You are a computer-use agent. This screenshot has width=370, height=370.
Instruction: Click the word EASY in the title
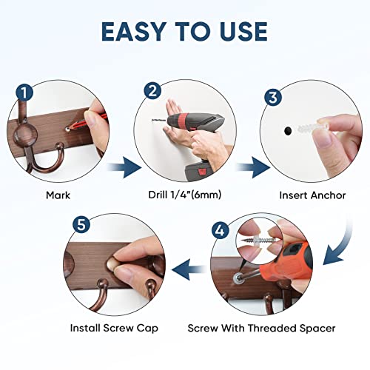click(133, 31)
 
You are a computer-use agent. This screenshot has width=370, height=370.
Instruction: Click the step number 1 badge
click(24, 92)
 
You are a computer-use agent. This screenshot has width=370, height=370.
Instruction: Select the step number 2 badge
click(152, 91)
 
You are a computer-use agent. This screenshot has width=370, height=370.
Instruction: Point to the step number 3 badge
click(273, 97)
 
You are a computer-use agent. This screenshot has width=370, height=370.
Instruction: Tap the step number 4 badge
click(220, 231)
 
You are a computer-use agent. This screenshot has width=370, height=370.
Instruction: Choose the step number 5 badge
click(81, 225)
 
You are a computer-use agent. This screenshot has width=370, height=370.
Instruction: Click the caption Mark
click(58, 195)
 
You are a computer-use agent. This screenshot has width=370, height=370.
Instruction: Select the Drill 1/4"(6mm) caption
click(185, 195)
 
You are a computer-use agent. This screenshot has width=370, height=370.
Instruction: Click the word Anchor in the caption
click(329, 195)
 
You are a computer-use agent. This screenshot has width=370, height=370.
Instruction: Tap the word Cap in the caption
click(147, 329)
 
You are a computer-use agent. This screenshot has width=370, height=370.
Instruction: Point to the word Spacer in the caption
click(317, 329)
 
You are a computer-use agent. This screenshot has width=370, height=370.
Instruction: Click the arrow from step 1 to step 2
click(124, 167)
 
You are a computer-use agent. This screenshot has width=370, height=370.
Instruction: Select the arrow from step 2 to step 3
click(253, 167)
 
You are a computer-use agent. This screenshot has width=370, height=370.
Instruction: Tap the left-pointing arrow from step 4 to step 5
click(189, 269)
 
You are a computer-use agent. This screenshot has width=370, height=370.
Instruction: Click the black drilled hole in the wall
click(288, 131)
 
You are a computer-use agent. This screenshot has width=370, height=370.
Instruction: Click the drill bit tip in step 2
click(152, 120)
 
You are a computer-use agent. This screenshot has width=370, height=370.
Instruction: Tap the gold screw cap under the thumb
click(112, 264)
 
